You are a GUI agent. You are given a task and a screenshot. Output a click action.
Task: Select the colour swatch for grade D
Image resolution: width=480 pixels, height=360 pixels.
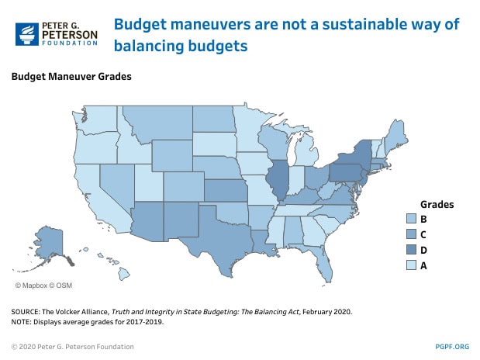point(412,250)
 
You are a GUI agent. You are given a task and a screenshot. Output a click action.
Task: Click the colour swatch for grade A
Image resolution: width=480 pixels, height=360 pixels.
point(412,265)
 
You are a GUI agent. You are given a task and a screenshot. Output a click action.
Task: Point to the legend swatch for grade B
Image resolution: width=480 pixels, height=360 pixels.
point(412,219)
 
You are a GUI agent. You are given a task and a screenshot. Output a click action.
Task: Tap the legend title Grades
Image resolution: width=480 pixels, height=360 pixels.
point(437,204)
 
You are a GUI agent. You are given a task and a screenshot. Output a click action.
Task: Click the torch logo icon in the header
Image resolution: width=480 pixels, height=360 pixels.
point(29,34)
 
